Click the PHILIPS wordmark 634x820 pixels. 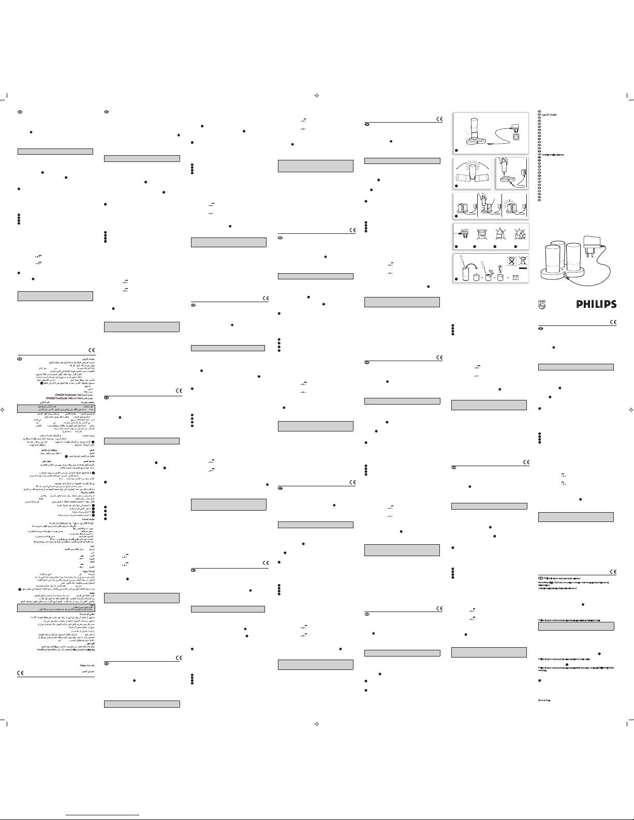click(x=596, y=304)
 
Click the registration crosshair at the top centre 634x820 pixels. click(x=317, y=95)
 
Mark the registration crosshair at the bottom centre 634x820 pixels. click(x=317, y=724)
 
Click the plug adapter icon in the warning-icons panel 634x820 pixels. click(x=464, y=232)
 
